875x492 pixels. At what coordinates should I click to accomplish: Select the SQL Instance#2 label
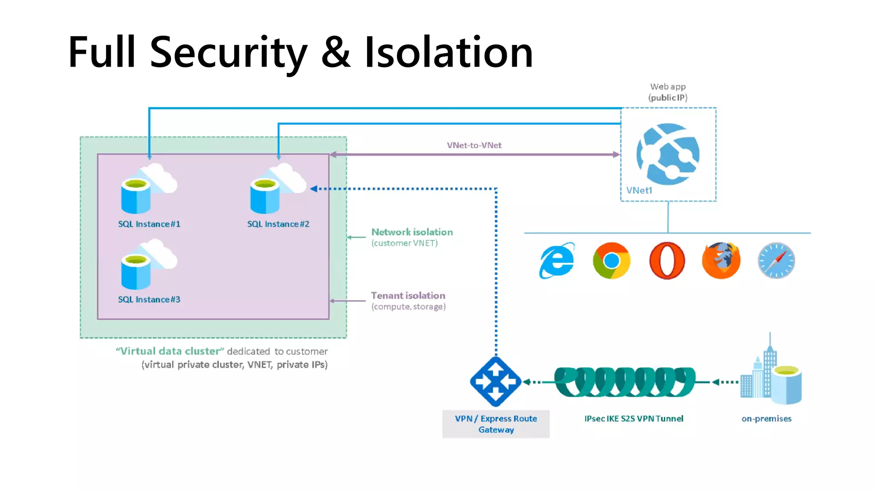[x=278, y=224]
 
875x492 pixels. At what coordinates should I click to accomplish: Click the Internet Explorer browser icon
[x=557, y=261]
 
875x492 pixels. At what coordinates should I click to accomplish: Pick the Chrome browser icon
[x=611, y=261]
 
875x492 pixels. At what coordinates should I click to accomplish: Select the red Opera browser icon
[x=667, y=261]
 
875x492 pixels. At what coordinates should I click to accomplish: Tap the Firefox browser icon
[x=721, y=261]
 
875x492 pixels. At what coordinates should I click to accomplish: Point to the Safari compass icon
[x=776, y=261]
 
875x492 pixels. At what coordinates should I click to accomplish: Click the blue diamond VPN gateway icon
[x=496, y=381]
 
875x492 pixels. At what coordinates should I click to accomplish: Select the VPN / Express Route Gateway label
[x=496, y=424]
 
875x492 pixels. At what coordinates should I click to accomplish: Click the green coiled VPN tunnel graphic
[x=625, y=381]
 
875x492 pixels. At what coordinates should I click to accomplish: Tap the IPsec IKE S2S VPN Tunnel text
[x=634, y=419]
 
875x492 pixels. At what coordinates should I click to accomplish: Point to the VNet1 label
[x=639, y=190]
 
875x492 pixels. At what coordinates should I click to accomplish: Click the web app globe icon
[x=668, y=154]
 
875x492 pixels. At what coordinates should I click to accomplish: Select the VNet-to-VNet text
[x=474, y=145]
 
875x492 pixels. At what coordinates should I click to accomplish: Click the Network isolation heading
[x=412, y=232]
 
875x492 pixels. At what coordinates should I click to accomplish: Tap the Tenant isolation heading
[x=408, y=296]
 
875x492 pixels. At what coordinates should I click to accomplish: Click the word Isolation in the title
[x=449, y=52]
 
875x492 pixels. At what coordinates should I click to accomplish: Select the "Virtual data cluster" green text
[x=170, y=351]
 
